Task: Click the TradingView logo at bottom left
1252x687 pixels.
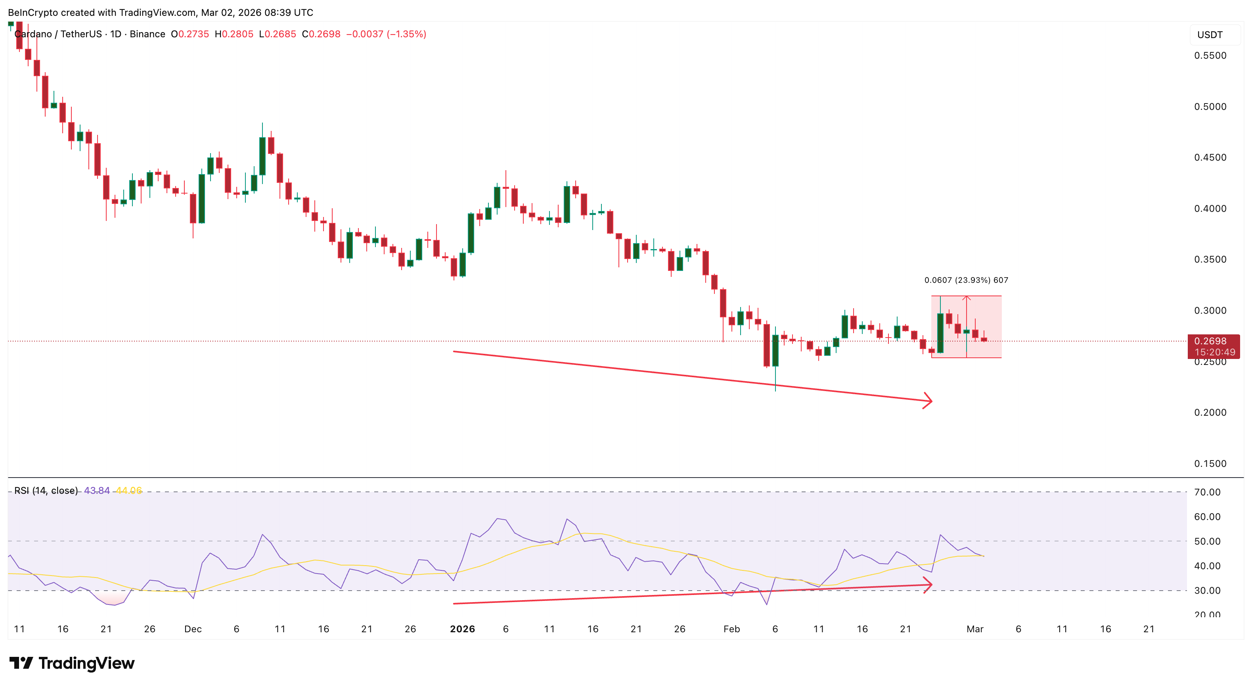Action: click(x=72, y=663)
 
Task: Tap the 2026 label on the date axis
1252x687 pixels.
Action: click(x=462, y=629)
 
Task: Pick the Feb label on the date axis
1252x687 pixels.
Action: click(x=731, y=629)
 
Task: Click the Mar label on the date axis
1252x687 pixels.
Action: click(x=974, y=629)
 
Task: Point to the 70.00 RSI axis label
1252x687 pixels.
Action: click(x=1207, y=492)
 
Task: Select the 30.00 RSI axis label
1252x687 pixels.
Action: click(x=1207, y=590)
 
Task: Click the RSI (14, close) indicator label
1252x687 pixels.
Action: click(x=46, y=491)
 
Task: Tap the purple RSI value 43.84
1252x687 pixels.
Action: click(x=97, y=491)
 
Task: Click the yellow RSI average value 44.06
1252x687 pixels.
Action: click(x=129, y=491)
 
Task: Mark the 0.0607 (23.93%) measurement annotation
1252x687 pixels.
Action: click(x=966, y=280)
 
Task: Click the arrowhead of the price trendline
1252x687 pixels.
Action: click(x=928, y=401)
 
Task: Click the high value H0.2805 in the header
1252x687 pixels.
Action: click(x=234, y=34)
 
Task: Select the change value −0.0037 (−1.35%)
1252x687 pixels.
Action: click(x=386, y=34)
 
